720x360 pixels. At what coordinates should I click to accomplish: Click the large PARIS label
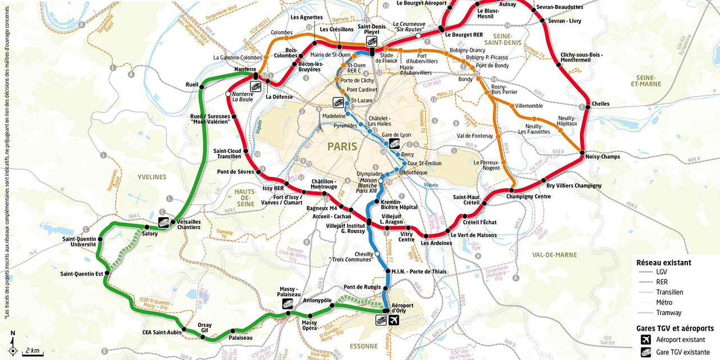tap(342, 146)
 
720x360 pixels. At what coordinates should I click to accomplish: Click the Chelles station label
tap(601, 104)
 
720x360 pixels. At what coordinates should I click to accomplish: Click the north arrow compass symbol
tap(12, 344)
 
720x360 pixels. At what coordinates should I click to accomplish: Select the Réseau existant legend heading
tap(664, 263)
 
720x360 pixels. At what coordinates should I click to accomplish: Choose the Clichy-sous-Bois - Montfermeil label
tap(582, 58)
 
